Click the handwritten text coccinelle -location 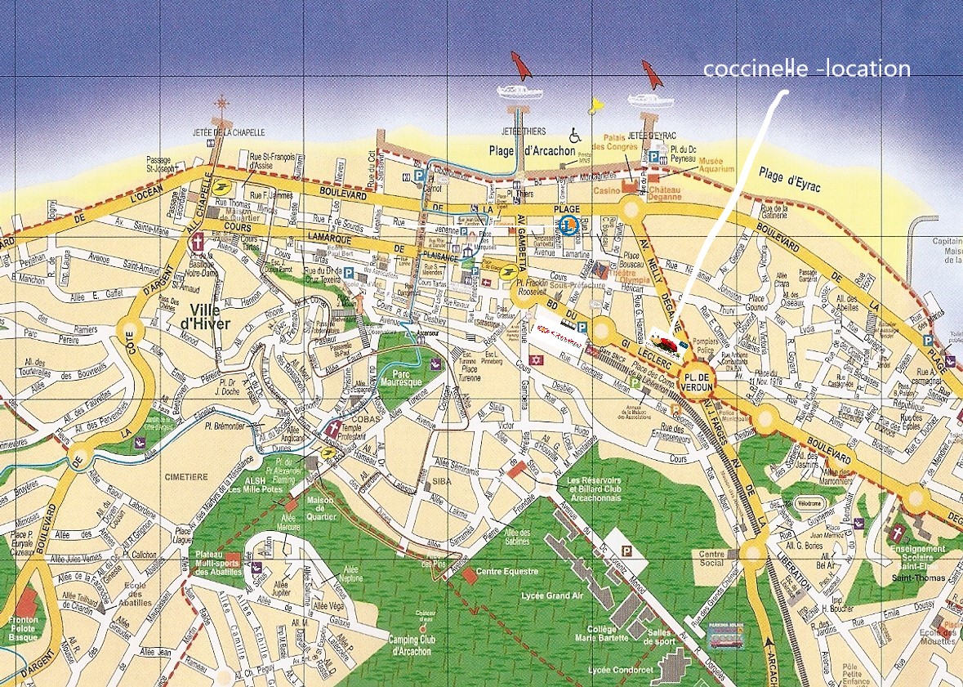coord(807,69)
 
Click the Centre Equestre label coord(506,572)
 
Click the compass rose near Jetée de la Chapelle coord(221,103)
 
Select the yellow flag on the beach coord(595,105)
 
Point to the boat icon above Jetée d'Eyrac coord(651,100)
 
